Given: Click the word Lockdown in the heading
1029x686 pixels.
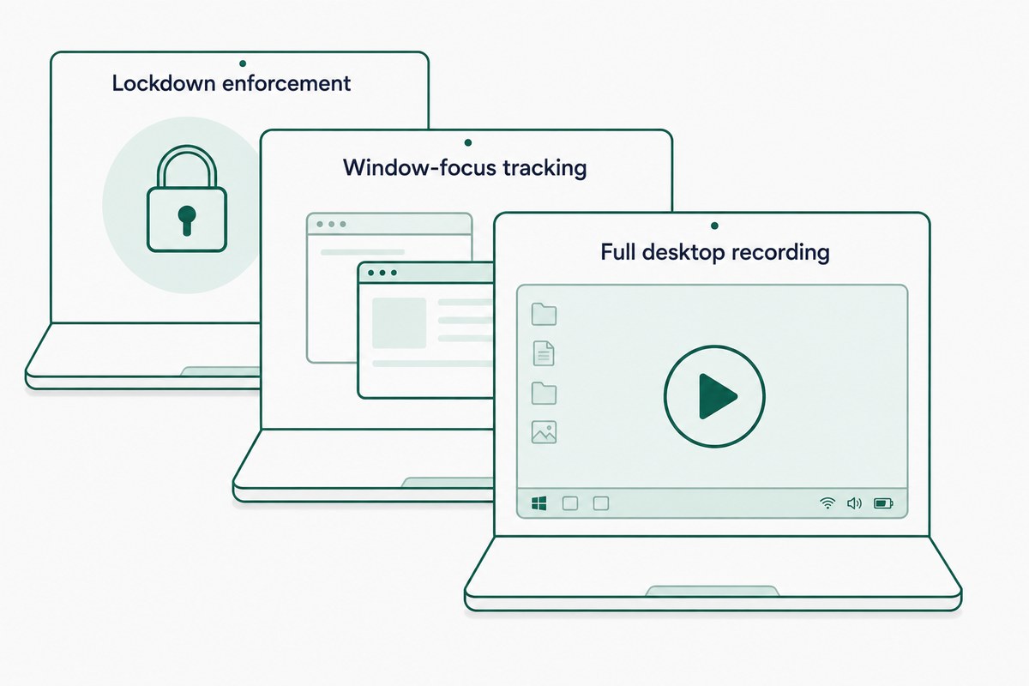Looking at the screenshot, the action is click(164, 83).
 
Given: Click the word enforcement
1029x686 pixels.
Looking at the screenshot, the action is click(286, 84).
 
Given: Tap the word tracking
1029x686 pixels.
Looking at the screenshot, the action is click(545, 168).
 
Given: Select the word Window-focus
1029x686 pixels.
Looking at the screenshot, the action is click(420, 167).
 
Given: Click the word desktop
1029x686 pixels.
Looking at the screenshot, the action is click(683, 253).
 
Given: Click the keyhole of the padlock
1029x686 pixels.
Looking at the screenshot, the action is click(187, 220).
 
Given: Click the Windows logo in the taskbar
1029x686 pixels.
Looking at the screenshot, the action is click(539, 503).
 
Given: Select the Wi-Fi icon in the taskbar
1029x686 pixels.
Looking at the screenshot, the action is click(827, 503).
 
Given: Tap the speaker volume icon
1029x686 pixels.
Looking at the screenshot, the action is click(854, 503).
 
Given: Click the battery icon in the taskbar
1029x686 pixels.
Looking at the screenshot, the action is click(883, 503).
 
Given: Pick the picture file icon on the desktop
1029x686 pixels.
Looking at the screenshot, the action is click(544, 432).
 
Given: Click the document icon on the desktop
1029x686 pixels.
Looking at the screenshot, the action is click(544, 353).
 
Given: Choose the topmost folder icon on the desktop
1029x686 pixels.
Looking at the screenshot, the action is click(544, 315).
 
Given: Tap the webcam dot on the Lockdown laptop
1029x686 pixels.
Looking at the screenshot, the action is click(243, 63).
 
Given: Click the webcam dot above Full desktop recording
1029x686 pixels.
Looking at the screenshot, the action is click(714, 226).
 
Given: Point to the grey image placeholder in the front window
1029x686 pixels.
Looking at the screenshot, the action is click(399, 322).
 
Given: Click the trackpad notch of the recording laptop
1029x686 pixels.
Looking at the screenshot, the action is click(712, 591).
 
